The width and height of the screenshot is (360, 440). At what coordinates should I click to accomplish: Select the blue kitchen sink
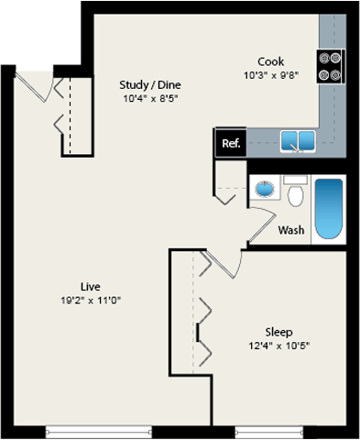(x=298, y=141)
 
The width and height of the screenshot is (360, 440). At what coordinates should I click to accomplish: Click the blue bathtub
(x=328, y=208)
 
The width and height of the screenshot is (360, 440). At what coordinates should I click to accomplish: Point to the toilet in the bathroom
(x=295, y=193)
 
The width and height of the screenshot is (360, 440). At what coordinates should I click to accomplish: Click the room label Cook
(x=269, y=62)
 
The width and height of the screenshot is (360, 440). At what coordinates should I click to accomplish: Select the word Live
(x=90, y=285)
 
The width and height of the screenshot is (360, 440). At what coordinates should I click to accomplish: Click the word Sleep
(x=278, y=331)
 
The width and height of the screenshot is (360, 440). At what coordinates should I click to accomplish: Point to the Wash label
(x=291, y=230)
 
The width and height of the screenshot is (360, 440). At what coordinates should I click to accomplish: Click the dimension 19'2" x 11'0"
(x=90, y=300)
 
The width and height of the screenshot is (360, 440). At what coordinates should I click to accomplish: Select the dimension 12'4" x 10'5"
(x=278, y=346)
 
